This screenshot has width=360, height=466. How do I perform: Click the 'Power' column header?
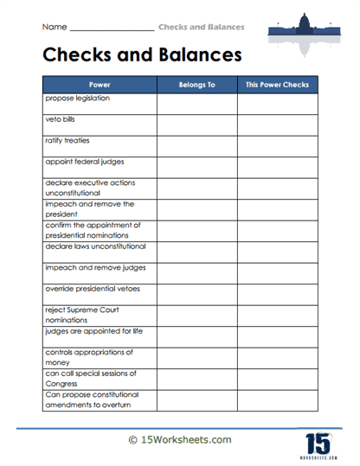click(x=100, y=86)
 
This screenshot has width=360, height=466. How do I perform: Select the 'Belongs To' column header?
click(x=196, y=86)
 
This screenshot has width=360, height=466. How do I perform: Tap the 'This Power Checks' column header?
click(x=277, y=86)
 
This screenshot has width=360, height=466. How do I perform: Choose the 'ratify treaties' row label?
click(x=67, y=141)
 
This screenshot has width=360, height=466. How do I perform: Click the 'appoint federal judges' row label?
click(x=82, y=162)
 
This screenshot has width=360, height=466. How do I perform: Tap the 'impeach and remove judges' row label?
click(x=91, y=267)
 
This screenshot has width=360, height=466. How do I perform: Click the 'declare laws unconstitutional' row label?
click(x=96, y=246)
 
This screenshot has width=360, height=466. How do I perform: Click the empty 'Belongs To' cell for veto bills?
click(x=196, y=124)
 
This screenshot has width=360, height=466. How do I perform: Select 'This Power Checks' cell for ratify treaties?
click(x=277, y=145)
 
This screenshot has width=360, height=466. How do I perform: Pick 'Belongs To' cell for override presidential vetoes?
click(x=196, y=293)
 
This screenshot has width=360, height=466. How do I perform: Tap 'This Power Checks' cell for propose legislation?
click(x=277, y=104)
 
